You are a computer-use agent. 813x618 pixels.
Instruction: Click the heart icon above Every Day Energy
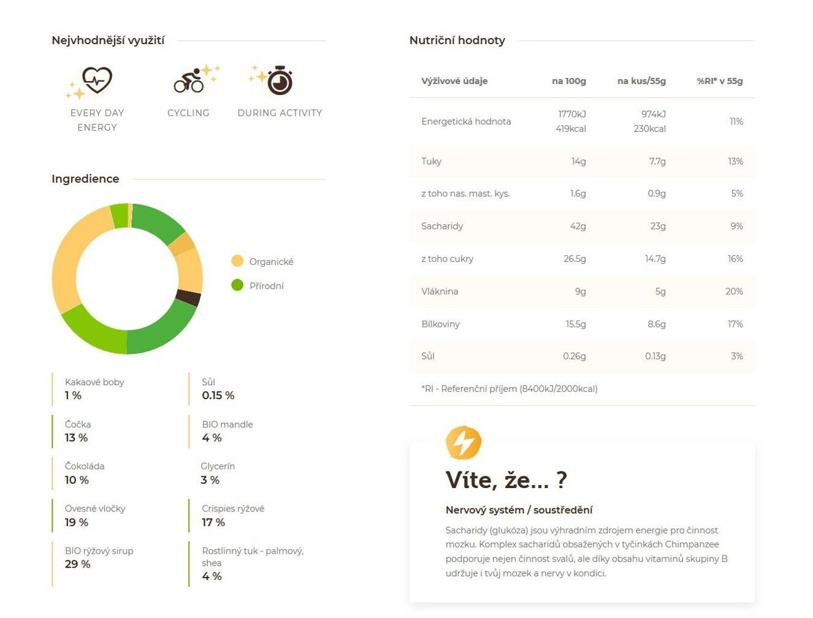pyautogui.click(x=97, y=80)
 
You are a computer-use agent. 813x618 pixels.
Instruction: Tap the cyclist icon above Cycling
pyautogui.click(x=189, y=81)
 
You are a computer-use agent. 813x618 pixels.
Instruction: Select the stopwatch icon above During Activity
pyautogui.click(x=280, y=81)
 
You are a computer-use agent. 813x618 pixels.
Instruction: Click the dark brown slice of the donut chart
pyautogui.click(x=188, y=298)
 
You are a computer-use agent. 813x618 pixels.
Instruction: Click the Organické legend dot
pyautogui.click(x=237, y=261)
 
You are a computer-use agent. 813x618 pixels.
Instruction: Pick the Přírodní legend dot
pyautogui.click(x=237, y=285)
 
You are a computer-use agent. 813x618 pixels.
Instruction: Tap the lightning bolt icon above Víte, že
pyautogui.click(x=464, y=442)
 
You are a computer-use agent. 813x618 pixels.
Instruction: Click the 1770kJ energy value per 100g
pyautogui.click(x=571, y=114)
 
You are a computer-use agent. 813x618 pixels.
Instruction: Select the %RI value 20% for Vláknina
pyautogui.click(x=734, y=291)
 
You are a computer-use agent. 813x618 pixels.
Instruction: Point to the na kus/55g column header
pyautogui.click(x=641, y=81)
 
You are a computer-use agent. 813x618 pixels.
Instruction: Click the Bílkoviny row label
pyautogui.click(x=440, y=324)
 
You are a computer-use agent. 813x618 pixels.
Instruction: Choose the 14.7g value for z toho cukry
pyautogui.click(x=655, y=259)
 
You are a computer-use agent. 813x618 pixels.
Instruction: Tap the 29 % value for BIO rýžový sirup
pyautogui.click(x=77, y=564)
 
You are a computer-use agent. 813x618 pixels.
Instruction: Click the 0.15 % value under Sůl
pyautogui.click(x=218, y=395)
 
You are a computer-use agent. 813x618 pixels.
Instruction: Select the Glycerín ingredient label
pyautogui.click(x=218, y=466)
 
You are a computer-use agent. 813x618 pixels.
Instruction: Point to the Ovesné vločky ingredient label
pyautogui.click(x=95, y=508)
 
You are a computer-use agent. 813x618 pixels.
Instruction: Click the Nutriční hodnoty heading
pyautogui.click(x=457, y=40)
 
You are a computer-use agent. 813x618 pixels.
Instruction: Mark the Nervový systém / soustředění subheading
pyautogui.click(x=519, y=509)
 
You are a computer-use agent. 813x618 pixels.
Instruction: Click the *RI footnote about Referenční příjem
pyautogui.click(x=509, y=388)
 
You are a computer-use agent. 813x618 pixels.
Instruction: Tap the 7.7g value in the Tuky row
pyautogui.click(x=657, y=161)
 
